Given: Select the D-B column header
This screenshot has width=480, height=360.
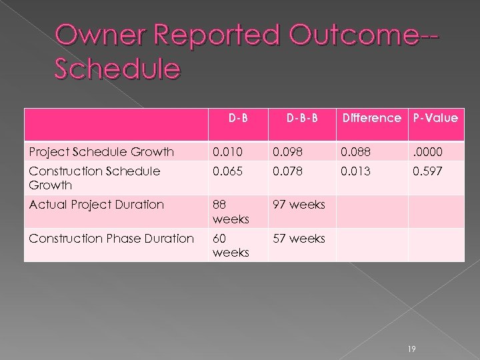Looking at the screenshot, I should tap(238, 118).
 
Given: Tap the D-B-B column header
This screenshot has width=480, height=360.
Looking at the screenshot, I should tap(301, 118).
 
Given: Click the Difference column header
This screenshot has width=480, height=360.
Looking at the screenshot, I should tap(371, 118).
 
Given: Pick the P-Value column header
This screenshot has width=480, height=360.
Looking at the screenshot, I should tap(435, 118).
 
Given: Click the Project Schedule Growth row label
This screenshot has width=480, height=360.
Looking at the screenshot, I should tap(101, 151).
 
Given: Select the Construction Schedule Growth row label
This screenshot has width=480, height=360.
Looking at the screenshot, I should tap(94, 178).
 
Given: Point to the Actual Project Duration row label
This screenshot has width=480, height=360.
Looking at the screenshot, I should tap(96, 205).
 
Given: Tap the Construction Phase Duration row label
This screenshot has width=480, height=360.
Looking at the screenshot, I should tap(111, 238).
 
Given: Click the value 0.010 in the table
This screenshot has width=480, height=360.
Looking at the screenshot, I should tap(225, 151).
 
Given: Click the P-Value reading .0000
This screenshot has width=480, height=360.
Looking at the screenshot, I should tap(428, 151).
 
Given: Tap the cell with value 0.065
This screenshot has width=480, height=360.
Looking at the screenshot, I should tap(226, 171).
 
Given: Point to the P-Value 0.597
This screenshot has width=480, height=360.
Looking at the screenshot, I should tap(427, 171).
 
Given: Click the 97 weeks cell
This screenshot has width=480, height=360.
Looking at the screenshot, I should tap(298, 205).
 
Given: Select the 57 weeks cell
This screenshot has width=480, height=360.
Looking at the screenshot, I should tap(298, 238).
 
